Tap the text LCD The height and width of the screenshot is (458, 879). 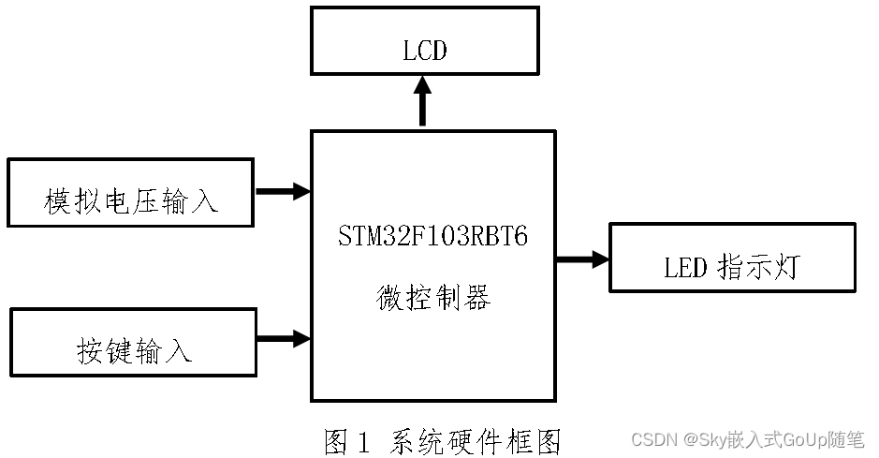424,50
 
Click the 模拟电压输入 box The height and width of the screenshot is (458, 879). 130,193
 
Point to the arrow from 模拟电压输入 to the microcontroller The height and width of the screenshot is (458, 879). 282,191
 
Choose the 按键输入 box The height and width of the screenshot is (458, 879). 132,342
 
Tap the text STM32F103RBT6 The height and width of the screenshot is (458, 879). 433,237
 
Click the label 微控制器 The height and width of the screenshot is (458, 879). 433,298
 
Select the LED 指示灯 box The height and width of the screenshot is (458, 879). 732,258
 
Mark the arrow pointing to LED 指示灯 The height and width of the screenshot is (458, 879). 581,259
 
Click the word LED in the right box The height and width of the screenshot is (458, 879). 684,268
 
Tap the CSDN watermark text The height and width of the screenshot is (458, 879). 654,439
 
